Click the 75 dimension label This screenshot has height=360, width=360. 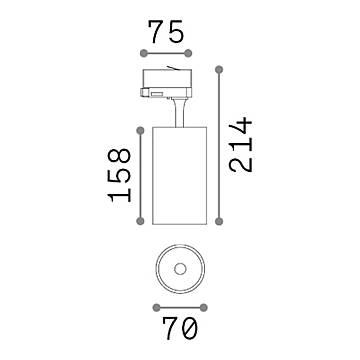[x=166, y=32]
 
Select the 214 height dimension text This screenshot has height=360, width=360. [x=237, y=145]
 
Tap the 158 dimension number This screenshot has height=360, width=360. [x=119, y=175]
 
